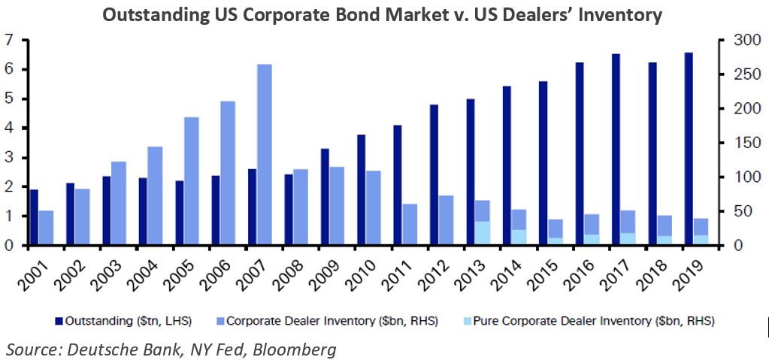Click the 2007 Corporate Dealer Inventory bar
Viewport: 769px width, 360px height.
click(x=264, y=154)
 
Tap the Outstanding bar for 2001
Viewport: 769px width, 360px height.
click(x=34, y=217)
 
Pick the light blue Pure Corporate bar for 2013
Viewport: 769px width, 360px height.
click(x=482, y=233)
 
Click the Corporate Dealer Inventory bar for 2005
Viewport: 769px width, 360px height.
click(x=192, y=180)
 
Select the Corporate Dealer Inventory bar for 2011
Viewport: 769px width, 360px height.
click(x=410, y=224)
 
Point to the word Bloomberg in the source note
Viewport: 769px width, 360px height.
click(x=295, y=349)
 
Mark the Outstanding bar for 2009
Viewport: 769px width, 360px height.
click(x=325, y=197)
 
